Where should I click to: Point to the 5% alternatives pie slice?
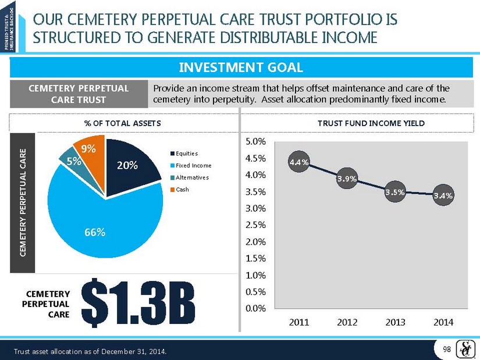[x=72, y=161]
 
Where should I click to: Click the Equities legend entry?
[x=183, y=154]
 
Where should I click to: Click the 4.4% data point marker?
[x=299, y=162]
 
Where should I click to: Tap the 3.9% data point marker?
[x=347, y=179]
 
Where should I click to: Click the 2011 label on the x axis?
[x=299, y=322]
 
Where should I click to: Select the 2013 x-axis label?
[x=396, y=322]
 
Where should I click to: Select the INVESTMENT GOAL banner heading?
[x=240, y=67]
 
